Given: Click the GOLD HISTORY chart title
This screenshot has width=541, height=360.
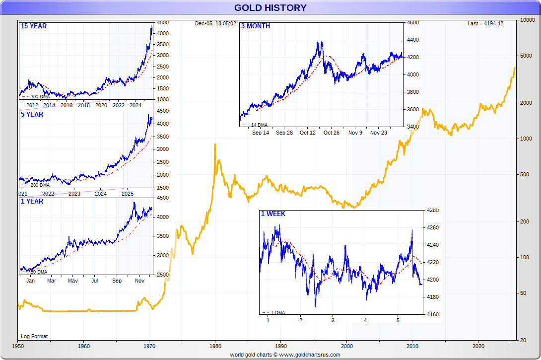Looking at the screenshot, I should [x=270, y=7].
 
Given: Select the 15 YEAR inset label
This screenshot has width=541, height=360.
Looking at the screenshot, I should [x=34, y=26].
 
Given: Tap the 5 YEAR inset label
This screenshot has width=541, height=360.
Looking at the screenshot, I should [x=32, y=114].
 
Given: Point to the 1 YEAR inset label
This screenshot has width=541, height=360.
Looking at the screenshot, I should [x=32, y=201].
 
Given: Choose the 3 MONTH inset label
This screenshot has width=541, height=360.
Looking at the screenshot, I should [x=256, y=26].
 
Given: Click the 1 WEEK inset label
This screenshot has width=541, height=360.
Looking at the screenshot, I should [x=273, y=214].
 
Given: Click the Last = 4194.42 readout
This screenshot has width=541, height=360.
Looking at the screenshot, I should [x=485, y=23].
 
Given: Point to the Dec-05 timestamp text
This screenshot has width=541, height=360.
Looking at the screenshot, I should [x=215, y=23].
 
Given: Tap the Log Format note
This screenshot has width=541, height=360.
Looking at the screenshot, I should [x=34, y=336].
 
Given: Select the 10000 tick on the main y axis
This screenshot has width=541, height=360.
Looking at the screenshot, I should [x=527, y=20].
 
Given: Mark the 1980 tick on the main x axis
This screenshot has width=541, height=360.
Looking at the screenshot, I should [x=215, y=346].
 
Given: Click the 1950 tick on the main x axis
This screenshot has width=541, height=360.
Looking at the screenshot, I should [x=18, y=346].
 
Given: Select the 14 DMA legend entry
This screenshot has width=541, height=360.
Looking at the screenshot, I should [x=259, y=125].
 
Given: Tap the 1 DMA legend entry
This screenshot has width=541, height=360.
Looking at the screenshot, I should [x=276, y=312].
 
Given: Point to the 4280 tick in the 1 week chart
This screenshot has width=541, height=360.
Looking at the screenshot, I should [x=433, y=211].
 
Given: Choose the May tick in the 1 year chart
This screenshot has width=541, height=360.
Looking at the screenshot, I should [x=73, y=281].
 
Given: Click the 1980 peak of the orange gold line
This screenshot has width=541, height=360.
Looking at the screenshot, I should [x=214, y=144].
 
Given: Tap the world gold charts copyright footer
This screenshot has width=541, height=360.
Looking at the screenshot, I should [x=285, y=355].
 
